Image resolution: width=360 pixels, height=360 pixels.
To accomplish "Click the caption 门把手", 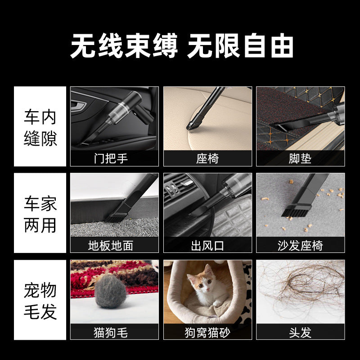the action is click(111, 159).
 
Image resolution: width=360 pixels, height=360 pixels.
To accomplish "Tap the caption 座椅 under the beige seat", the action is click(207, 159).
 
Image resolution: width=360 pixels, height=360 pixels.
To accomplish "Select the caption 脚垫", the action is click(300, 159).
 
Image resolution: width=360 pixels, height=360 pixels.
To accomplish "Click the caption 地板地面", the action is click(111, 245).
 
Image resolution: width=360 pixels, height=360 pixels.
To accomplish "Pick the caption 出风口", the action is click(207, 245).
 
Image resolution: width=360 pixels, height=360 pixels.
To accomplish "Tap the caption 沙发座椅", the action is click(300, 245).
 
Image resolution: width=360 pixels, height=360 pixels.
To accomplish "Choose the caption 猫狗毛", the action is click(111, 333).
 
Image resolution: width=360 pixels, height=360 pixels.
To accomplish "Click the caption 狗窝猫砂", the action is click(207, 333).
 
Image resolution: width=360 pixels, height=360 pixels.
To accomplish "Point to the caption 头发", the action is click(300, 333).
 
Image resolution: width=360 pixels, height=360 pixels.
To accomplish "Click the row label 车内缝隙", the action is click(40, 128).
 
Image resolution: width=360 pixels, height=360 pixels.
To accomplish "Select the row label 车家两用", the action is click(40, 214).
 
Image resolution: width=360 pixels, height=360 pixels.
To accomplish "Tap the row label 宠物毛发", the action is click(40, 301).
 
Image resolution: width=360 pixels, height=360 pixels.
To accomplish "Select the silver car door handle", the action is click(78, 105).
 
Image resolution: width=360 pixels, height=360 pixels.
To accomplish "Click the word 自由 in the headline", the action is click(269, 46).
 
